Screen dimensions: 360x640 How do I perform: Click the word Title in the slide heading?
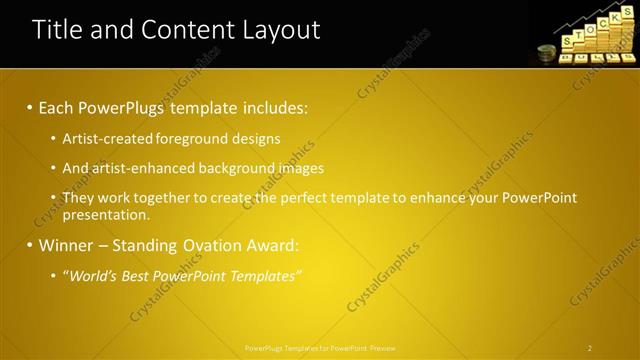click(55, 29)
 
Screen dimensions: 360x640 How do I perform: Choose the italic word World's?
click(95, 275)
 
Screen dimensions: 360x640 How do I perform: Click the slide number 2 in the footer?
click(590, 348)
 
